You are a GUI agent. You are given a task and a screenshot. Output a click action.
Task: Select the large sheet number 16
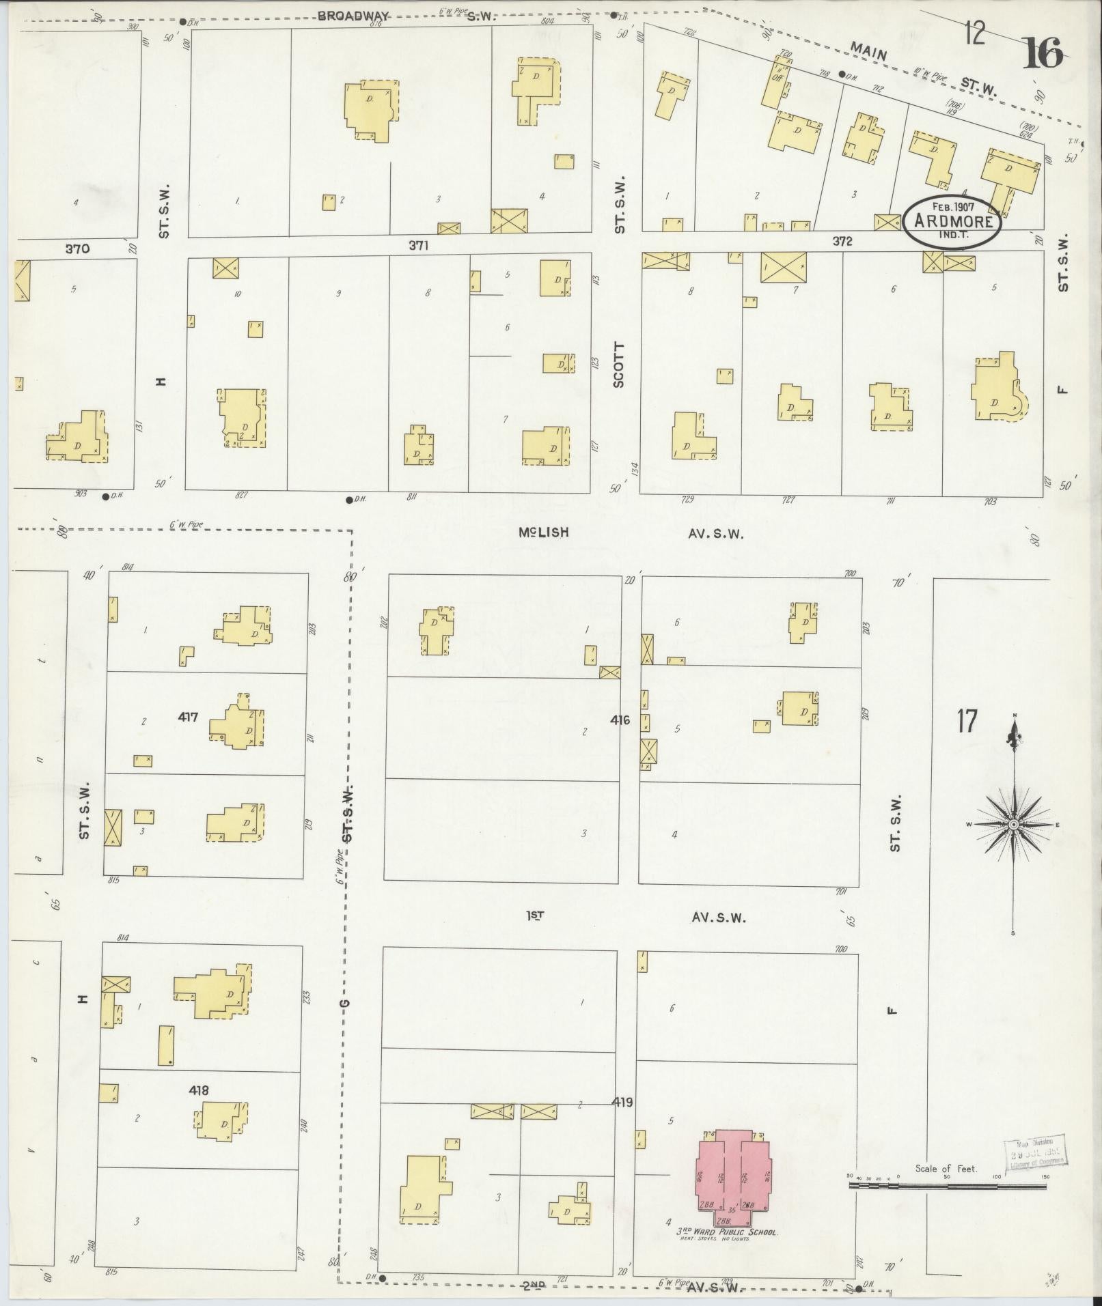[1043, 53]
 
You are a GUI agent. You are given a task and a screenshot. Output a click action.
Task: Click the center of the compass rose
[1014, 825]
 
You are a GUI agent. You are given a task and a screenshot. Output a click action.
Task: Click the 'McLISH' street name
[543, 532]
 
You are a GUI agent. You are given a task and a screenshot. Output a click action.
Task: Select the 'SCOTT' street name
[619, 365]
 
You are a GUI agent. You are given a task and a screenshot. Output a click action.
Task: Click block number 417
[188, 717]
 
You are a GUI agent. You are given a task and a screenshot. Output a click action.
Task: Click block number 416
[620, 720]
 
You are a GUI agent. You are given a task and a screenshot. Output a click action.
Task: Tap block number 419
[622, 1102]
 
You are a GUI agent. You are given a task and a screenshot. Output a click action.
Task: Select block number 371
[418, 246]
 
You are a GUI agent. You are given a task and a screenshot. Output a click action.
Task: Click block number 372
[842, 241]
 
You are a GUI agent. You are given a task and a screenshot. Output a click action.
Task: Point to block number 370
[77, 249]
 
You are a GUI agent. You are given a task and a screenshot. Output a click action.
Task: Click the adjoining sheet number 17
[967, 722]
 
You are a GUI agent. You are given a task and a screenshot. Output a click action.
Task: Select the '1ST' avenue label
[535, 916]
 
